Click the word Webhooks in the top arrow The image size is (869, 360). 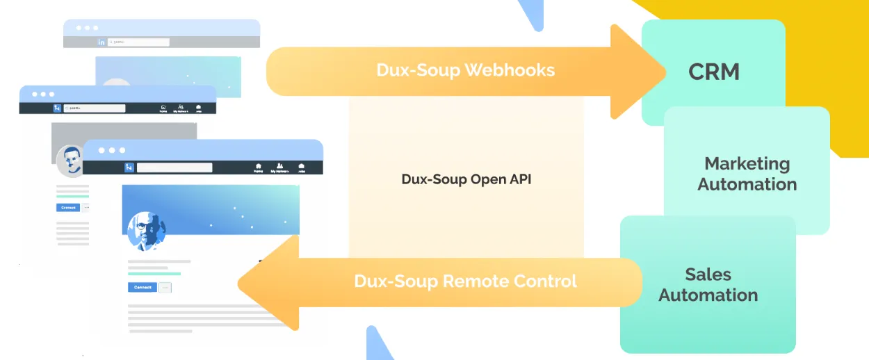coord(510,70)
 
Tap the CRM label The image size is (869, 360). coord(713,72)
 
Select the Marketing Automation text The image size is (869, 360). coord(747,174)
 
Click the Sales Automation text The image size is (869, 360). coord(708,284)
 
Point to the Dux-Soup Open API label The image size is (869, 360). coord(466,179)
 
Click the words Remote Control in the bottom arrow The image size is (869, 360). coord(510,281)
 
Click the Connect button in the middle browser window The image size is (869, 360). coord(67,207)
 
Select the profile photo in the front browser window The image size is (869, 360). coord(147,230)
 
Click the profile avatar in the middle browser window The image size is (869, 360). coord(71,161)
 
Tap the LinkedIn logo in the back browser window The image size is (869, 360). coord(101,42)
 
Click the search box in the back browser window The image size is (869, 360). coord(139,42)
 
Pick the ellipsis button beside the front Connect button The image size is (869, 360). coord(165,288)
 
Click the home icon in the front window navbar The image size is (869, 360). coord(258,167)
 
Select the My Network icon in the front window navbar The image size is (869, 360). coord(279,167)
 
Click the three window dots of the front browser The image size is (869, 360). coord(112,150)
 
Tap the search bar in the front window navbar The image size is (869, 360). coord(174,167)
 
